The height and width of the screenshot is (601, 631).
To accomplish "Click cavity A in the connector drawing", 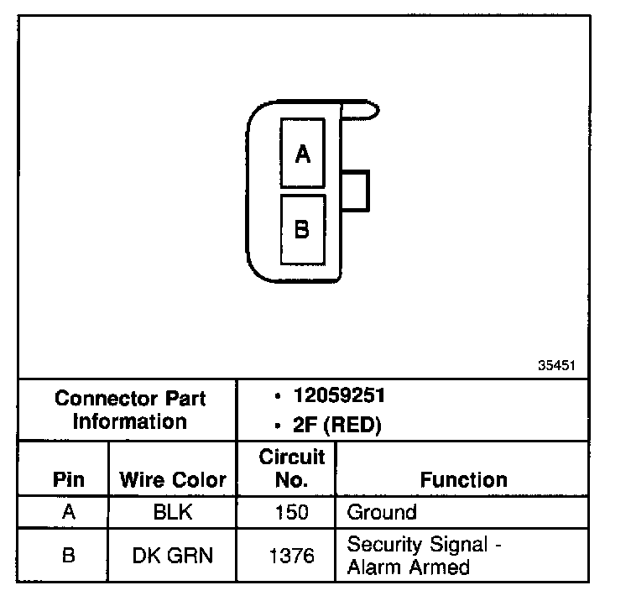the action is pos(303,153).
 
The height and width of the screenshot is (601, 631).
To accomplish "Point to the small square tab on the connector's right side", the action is pos(357,190).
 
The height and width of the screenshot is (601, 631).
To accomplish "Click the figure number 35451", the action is pos(556,367).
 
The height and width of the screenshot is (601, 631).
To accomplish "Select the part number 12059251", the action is pos(339,395).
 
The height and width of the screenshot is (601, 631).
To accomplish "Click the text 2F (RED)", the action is pos(336,426).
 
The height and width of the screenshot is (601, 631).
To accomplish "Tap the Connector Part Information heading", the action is pos(130,410).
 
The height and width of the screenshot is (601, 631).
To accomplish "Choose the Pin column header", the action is pos(69,480).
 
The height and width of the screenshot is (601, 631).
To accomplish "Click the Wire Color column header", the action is pos(173,480).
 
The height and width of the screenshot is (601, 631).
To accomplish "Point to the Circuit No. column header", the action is pos(291,469).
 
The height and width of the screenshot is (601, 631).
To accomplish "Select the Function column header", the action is pos(463,480).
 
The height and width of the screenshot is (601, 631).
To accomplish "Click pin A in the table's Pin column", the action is pos(69,512).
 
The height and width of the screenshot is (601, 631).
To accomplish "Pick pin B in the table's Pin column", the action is pos(69,555).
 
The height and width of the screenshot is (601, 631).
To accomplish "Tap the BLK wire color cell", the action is pos(172,512).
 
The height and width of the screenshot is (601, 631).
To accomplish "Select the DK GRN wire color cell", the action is pos(172,555).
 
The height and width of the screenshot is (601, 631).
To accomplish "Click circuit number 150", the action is pos(291,512).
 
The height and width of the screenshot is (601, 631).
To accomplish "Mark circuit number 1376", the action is pos(291,555).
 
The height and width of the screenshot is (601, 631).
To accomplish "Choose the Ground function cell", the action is pos(382,512).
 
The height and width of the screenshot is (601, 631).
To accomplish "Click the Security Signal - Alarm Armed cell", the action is pos(424,555).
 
